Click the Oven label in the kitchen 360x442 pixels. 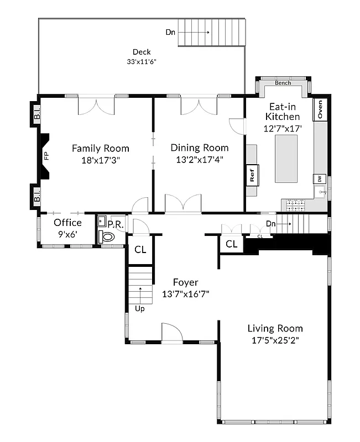(x=320, y=109)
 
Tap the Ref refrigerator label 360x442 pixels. (x=252, y=175)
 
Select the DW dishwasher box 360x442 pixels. (x=319, y=179)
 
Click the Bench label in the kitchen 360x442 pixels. (x=283, y=83)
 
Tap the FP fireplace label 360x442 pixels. (x=46, y=156)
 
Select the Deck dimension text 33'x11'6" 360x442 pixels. (x=141, y=61)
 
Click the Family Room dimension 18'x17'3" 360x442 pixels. (x=100, y=160)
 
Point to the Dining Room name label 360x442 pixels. (x=199, y=148)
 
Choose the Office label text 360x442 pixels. (x=67, y=223)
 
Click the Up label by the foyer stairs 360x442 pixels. (x=140, y=309)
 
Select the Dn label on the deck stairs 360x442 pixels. (x=170, y=32)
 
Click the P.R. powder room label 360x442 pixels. (x=115, y=224)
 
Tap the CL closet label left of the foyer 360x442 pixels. (x=140, y=249)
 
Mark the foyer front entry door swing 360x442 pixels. (x=171, y=332)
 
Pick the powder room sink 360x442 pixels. (x=102, y=222)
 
